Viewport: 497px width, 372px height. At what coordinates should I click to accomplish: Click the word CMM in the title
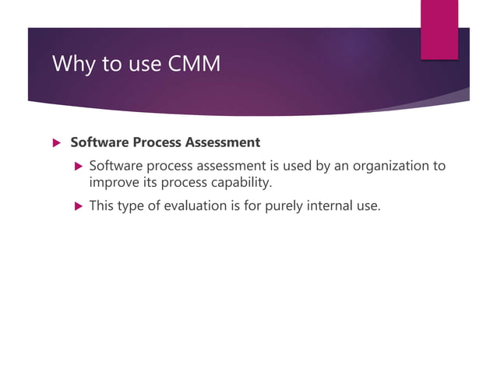click(x=194, y=64)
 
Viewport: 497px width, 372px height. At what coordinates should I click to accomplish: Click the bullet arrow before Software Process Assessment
click(x=55, y=143)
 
